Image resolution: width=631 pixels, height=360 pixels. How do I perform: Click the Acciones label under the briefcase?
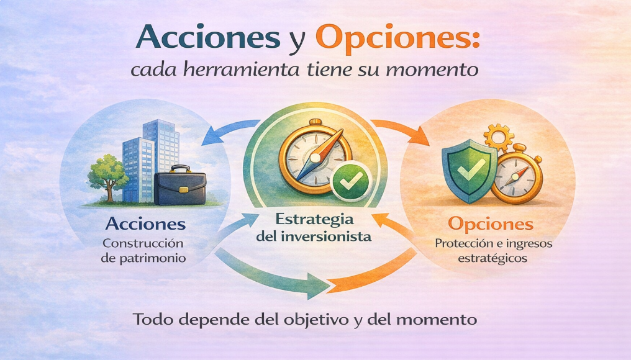coord(145,224)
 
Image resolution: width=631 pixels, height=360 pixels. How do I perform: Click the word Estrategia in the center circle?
coord(315,220)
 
